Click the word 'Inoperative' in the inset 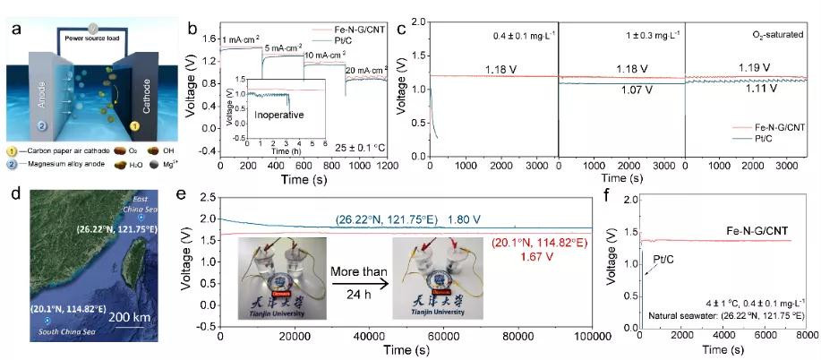coord(256,116)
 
